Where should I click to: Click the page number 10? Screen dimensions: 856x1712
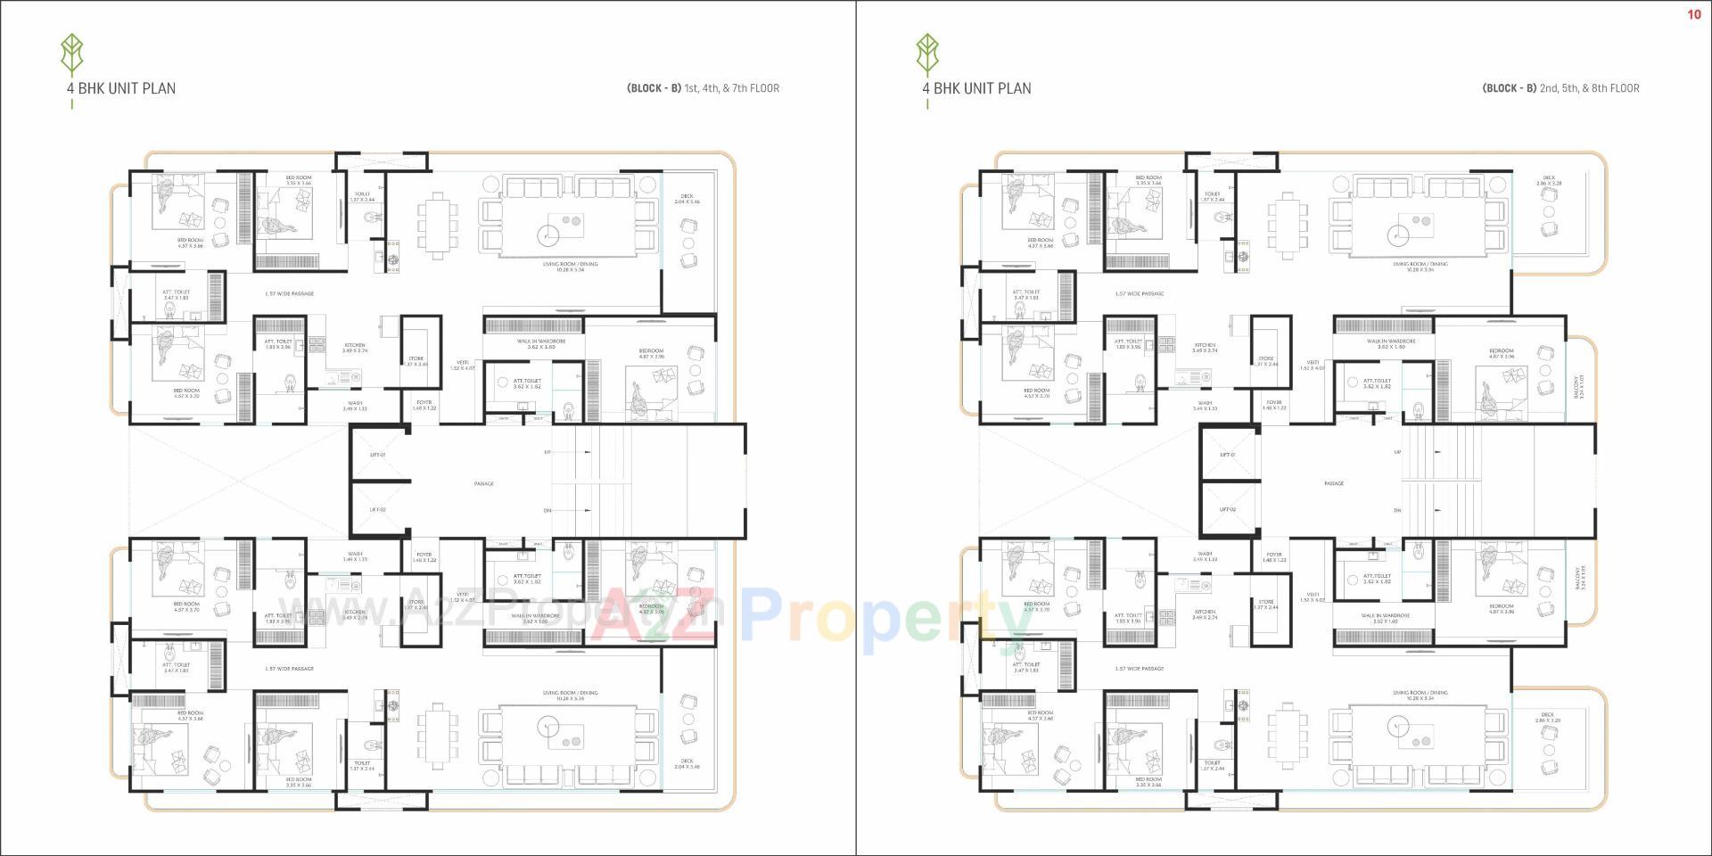[x=1693, y=14]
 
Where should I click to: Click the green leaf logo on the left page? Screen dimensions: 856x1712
[x=71, y=54]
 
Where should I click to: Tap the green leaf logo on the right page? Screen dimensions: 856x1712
[x=927, y=54]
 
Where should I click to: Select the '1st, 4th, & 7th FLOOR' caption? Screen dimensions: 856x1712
[x=731, y=88]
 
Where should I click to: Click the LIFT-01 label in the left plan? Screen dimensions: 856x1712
[x=378, y=455]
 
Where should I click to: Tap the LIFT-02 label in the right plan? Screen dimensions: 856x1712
[x=1228, y=509]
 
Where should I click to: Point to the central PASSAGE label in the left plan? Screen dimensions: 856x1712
[x=484, y=483]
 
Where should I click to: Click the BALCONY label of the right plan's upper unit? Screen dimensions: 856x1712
[x=1580, y=385]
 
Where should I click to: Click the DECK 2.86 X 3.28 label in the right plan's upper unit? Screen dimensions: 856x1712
[x=1549, y=180]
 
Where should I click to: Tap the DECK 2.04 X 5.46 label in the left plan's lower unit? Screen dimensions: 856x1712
[x=687, y=763]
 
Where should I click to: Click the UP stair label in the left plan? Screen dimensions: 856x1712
[x=547, y=452]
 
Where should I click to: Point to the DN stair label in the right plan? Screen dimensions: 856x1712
[x=1397, y=510]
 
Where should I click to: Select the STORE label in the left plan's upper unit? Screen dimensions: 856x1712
[x=416, y=360]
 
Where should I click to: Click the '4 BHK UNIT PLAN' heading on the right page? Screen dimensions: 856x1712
[x=976, y=88]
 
